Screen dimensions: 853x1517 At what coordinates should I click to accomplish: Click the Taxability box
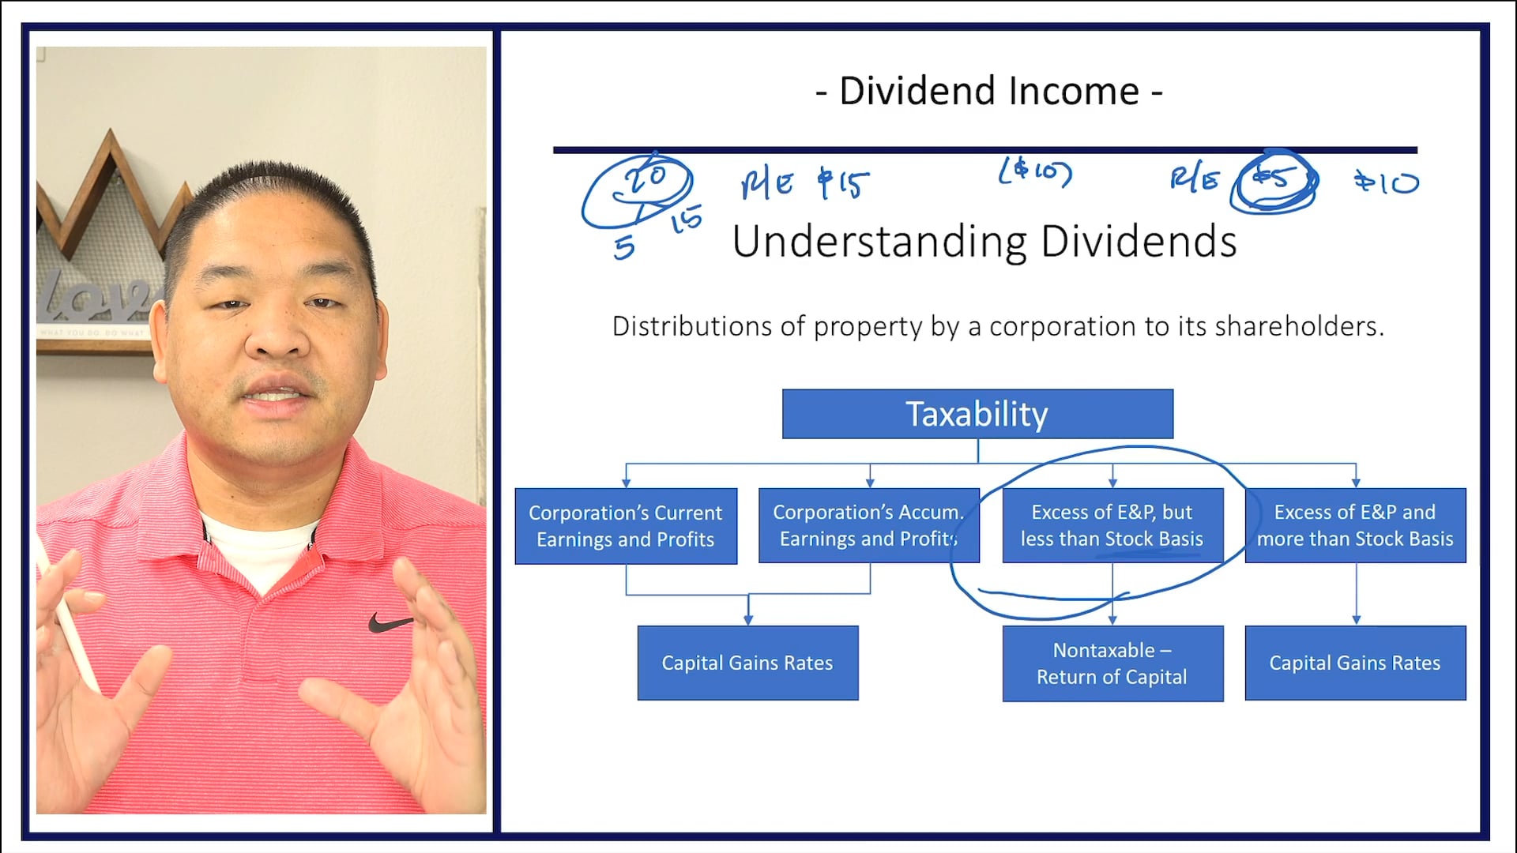point(977,414)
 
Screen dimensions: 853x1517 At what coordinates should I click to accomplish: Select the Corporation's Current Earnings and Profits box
point(626,526)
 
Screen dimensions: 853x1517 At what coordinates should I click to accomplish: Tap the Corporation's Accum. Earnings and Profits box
point(868,526)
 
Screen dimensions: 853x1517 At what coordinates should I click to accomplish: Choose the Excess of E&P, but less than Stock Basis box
point(1112,525)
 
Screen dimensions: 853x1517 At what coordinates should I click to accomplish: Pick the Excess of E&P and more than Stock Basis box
point(1355,525)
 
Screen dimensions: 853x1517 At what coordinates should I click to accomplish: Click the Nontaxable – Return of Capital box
point(1112,663)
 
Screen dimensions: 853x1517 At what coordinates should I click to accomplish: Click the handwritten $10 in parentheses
point(1035,172)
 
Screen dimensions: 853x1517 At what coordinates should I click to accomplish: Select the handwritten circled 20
point(646,178)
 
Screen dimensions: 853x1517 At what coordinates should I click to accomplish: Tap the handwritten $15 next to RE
point(843,183)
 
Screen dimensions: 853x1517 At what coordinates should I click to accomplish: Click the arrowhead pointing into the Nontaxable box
point(1112,621)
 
